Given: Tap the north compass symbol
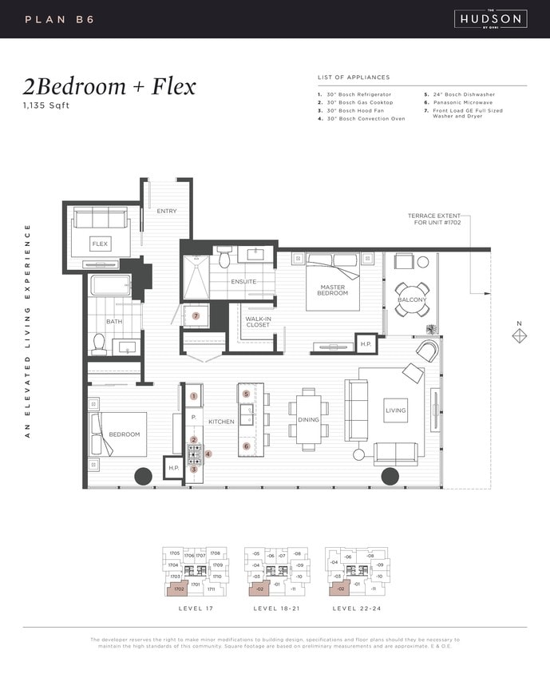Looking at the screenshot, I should (519, 336).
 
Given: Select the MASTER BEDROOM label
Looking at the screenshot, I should (332, 290).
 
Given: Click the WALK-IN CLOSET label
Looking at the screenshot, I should (258, 322).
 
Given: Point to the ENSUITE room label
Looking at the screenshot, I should (243, 281).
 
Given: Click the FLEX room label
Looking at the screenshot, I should (100, 243).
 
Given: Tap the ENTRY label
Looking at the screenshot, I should (167, 211).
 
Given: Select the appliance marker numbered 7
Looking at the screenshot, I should (196, 315).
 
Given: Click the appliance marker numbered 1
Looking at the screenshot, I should (193, 395).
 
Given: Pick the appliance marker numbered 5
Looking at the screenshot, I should (246, 394).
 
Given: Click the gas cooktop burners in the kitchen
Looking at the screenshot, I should (194, 454).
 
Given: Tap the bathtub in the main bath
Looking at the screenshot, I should (110, 286).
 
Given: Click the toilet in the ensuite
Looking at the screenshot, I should (224, 258).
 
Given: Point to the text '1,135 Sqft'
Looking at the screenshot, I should (46, 105).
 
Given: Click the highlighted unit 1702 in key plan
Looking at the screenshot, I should (177, 589).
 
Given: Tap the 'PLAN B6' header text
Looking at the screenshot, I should (60, 18).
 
